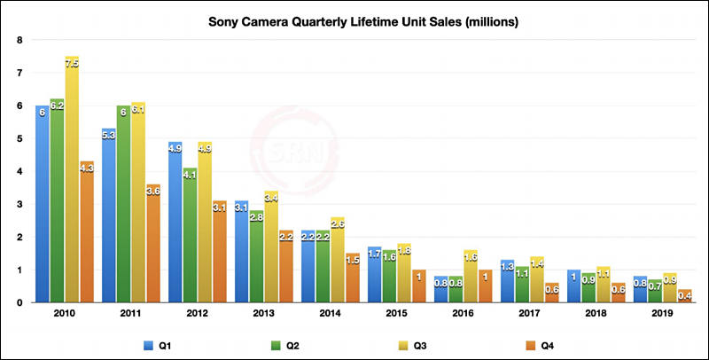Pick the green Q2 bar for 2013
click(256, 257)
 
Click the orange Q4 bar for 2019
click(684, 296)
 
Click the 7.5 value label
click(72, 64)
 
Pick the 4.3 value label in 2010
click(86, 167)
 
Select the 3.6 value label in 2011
click(152, 190)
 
